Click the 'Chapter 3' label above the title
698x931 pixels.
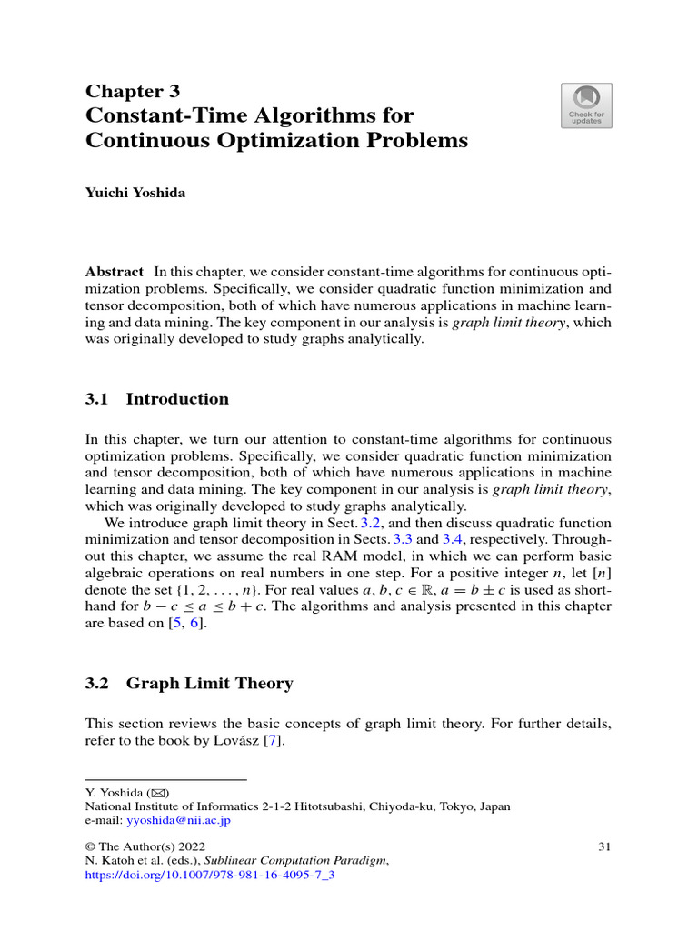click(x=133, y=91)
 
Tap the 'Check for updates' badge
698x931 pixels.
click(x=586, y=106)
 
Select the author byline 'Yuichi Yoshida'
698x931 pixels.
click(x=135, y=194)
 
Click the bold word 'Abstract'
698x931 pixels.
click(x=115, y=272)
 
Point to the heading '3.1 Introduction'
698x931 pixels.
click(x=157, y=399)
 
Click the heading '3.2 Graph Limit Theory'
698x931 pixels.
click(x=189, y=684)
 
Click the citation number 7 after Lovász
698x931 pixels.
click(x=268, y=741)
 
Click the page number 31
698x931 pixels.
click(x=604, y=847)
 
